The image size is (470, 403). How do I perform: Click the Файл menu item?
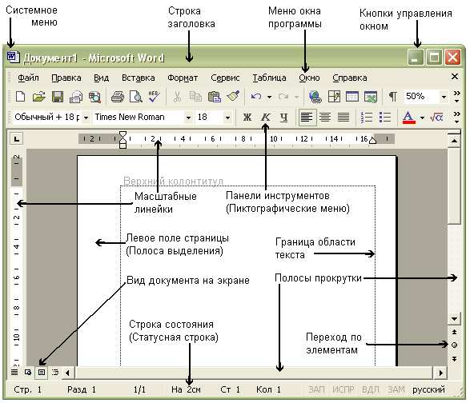point(28,78)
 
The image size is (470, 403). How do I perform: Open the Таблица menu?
point(269,78)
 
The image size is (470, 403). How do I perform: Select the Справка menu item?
point(350,78)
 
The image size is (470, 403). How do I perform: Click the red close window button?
point(452,57)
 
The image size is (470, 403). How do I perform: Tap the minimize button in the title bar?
point(416,57)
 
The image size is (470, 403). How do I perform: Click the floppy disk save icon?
point(58,97)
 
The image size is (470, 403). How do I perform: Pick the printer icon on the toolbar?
point(118,97)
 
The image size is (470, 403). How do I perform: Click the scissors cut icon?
point(177,97)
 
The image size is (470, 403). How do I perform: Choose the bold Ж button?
point(247,117)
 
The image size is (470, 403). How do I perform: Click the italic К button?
point(266,117)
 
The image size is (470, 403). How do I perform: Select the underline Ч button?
point(284,117)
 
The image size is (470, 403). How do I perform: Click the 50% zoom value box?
point(422,97)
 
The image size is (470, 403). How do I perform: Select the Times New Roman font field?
point(139,117)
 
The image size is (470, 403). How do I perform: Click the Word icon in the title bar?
point(13,57)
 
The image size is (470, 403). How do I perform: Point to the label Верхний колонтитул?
point(173,182)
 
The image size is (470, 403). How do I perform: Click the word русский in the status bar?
point(428,389)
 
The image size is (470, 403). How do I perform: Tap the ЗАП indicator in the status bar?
point(316,389)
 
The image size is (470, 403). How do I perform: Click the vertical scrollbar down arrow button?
point(454,319)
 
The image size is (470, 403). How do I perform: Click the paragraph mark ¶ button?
point(392,97)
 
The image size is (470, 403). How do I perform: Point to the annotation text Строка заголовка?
point(191,18)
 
